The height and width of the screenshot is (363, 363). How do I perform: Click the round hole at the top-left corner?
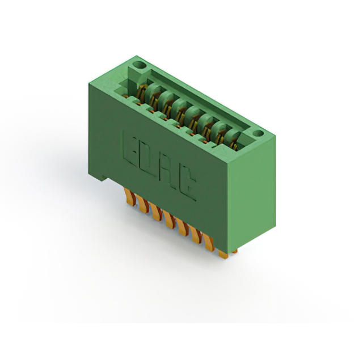tap(140, 65)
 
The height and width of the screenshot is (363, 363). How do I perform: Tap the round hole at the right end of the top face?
tap(258, 134)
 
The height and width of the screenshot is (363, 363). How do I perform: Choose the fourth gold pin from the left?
tap(170, 220)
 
